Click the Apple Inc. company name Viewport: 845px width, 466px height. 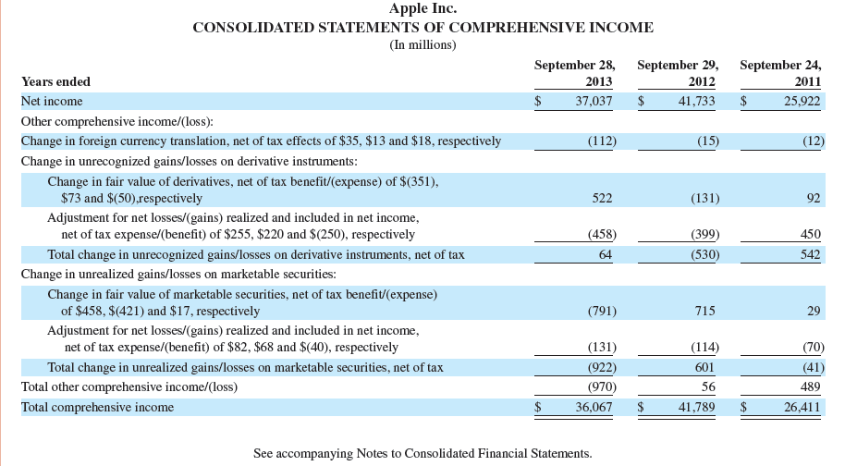point(422,9)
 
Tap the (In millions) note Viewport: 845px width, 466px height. point(422,44)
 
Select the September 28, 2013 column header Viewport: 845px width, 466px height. point(575,73)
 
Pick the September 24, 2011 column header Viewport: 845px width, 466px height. point(781,73)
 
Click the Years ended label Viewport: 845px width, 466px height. point(55,81)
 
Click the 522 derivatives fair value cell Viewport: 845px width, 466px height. point(604,198)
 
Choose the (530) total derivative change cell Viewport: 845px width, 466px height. point(704,254)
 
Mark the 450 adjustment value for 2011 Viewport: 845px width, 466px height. point(810,234)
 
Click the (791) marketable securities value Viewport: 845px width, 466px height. point(602,311)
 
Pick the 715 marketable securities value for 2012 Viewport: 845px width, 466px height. point(706,311)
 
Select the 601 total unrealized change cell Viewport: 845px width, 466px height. point(706,367)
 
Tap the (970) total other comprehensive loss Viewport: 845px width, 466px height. point(602,386)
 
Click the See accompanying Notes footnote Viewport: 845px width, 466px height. point(422,453)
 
